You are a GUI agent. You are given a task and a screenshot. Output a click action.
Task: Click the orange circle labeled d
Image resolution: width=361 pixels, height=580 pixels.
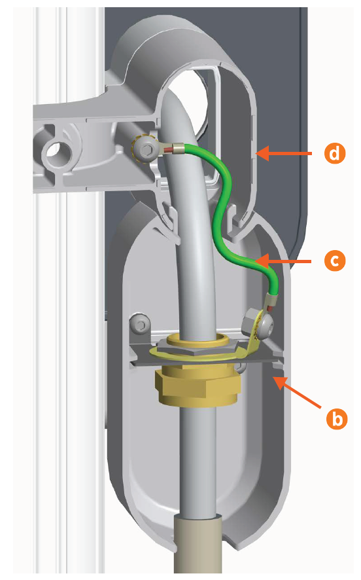point(335,153)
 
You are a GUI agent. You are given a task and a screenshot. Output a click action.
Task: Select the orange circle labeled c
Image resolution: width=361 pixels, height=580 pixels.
point(335,261)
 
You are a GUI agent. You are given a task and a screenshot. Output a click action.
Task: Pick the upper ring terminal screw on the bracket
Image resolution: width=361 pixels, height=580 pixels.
point(145,150)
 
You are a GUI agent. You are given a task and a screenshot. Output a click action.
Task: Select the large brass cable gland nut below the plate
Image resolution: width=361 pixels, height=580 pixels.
point(198,386)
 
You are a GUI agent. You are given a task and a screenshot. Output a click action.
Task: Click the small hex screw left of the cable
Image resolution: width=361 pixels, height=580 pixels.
point(141,325)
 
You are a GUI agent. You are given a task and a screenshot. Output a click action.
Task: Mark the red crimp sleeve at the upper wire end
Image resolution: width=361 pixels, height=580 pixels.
point(168,150)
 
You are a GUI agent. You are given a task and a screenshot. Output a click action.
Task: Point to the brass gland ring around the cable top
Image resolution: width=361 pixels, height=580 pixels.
point(198,338)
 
